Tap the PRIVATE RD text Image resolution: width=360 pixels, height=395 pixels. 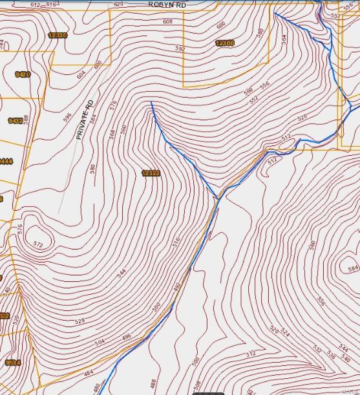click(85, 120)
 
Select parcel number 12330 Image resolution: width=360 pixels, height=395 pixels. click(58, 35)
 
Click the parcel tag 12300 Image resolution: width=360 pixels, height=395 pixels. click(224, 43)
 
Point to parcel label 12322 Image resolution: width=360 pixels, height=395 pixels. click(151, 173)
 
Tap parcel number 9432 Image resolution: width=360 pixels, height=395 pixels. click(16, 121)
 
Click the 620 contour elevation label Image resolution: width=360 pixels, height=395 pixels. click(118, 4)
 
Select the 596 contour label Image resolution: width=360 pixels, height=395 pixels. click(67, 117)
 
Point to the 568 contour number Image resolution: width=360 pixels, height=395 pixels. click(112, 134)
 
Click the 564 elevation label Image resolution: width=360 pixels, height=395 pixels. click(283, 38)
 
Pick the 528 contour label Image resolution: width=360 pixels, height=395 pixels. click(80, 321)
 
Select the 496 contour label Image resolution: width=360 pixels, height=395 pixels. click(126, 336)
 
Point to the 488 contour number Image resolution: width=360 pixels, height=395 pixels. click(153, 383)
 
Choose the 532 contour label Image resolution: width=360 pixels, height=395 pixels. click(317, 348)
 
